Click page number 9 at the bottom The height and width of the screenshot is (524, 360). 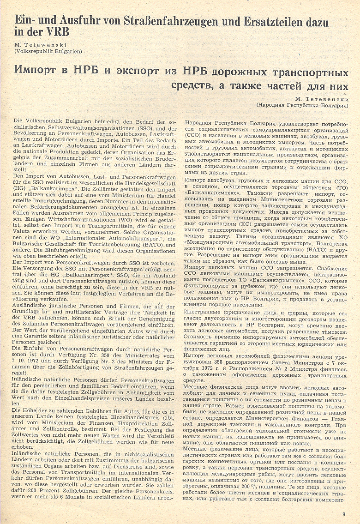tap(343, 514)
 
